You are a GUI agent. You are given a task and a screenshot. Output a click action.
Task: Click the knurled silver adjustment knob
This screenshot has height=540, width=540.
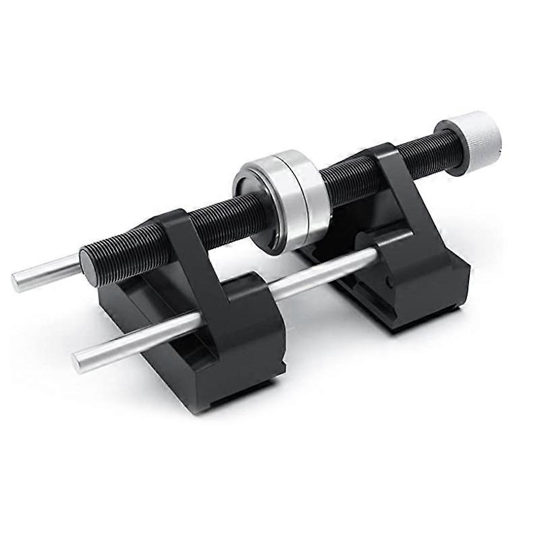(476, 134)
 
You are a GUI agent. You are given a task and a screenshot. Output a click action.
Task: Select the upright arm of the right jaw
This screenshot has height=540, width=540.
(398, 189)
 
